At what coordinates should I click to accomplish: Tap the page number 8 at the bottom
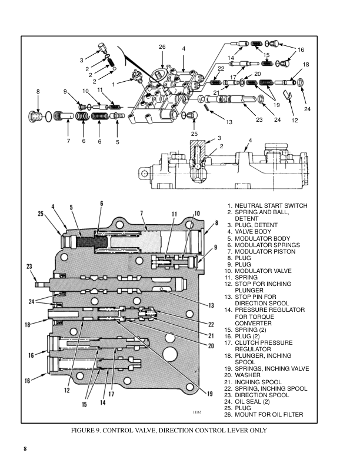(x=25, y=450)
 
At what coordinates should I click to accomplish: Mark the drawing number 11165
(x=198, y=413)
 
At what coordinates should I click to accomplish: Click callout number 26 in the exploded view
(x=162, y=46)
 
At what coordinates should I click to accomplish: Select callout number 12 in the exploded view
(x=294, y=120)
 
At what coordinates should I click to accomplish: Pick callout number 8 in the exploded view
(x=38, y=91)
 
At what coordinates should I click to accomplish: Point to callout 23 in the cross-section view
(x=29, y=267)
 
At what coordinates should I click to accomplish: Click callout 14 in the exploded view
(x=231, y=58)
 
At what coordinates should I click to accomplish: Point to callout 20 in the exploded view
(x=257, y=74)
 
